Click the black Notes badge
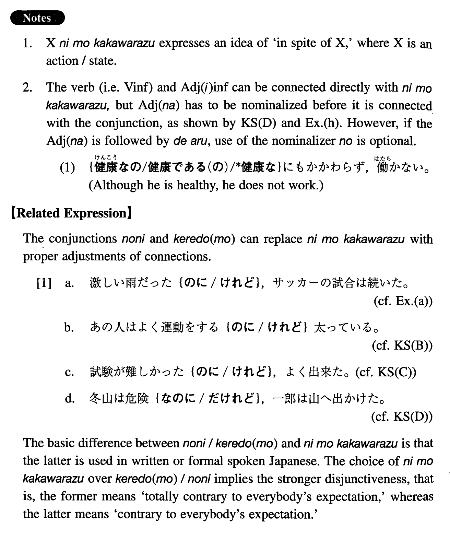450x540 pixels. (x=37, y=18)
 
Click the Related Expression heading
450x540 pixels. (x=71, y=213)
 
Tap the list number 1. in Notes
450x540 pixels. (x=27, y=43)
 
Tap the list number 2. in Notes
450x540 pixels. (x=27, y=88)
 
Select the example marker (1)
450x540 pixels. (x=67, y=168)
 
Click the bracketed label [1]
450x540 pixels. (x=44, y=283)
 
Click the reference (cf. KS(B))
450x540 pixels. (x=402, y=345)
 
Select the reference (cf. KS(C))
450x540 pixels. (x=386, y=372)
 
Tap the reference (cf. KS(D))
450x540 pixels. (x=402, y=416)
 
